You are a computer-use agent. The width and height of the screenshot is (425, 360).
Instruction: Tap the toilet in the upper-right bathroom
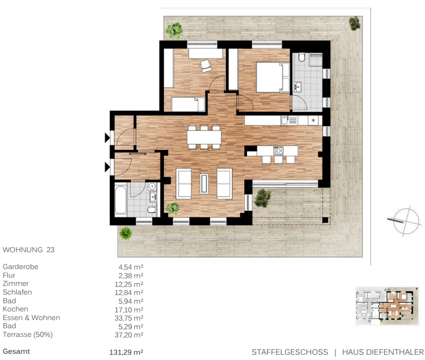tap(302, 59)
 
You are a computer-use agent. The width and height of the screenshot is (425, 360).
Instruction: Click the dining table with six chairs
tap(204, 138)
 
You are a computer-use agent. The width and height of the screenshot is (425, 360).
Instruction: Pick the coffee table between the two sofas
tap(204, 183)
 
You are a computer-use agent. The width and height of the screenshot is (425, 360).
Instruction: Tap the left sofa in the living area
tap(184, 183)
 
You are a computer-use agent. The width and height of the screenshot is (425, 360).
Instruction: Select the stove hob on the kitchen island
tap(279, 151)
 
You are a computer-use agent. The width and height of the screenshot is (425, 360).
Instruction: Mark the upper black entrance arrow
tap(107, 139)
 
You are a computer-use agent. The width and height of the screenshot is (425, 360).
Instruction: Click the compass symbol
tap(403, 220)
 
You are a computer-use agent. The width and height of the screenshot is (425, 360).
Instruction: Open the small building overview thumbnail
tap(384, 306)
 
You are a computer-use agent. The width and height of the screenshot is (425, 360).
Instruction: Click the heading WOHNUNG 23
tap(29, 250)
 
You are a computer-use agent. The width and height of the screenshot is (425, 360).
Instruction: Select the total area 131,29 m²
tap(126, 352)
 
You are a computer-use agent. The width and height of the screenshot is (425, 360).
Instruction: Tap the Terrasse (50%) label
tap(28, 334)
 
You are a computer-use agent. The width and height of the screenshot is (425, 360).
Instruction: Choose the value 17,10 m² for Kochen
tap(131, 309)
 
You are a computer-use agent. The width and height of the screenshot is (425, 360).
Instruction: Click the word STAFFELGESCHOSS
tap(289, 352)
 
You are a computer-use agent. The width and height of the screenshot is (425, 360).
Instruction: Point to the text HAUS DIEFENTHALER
tap(383, 352)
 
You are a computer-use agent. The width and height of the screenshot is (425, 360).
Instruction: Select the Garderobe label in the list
tap(21, 267)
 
